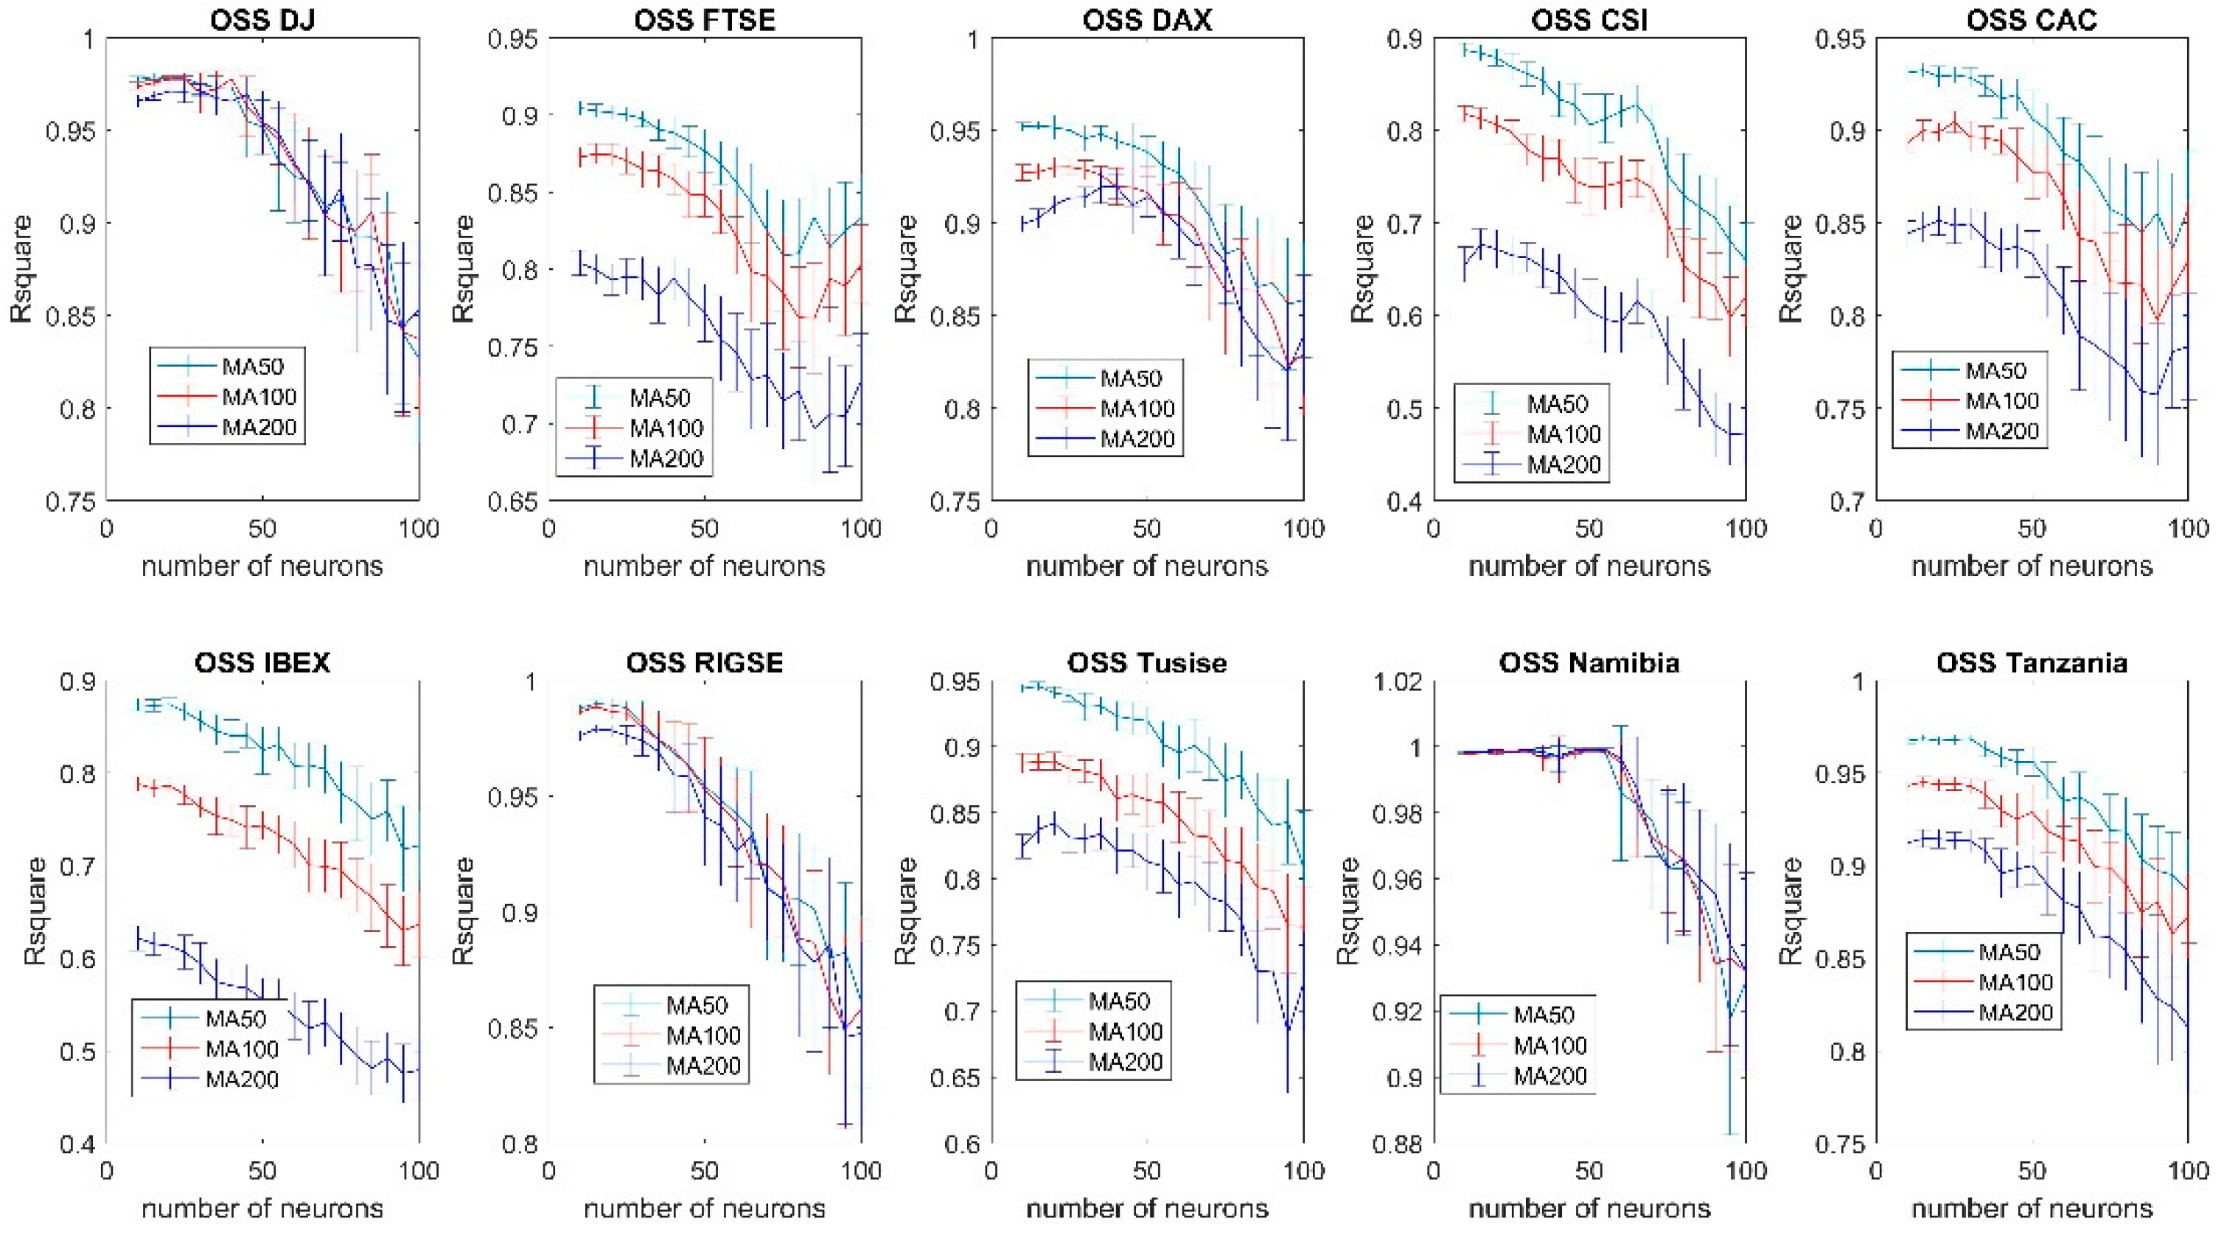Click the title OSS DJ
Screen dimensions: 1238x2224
click(262, 19)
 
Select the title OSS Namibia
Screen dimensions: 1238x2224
click(1589, 662)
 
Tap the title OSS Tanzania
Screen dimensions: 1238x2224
click(2032, 662)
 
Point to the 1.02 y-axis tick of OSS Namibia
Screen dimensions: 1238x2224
click(1397, 681)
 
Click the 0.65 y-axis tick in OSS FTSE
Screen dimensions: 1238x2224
click(512, 501)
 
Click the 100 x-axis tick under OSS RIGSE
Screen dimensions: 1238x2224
click(861, 1171)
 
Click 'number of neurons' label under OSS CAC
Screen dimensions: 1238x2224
click(2032, 566)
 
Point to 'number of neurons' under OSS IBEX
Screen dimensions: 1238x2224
click(262, 1209)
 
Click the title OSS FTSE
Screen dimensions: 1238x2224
click(705, 19)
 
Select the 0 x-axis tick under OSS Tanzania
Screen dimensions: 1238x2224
click(1875, 1171)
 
